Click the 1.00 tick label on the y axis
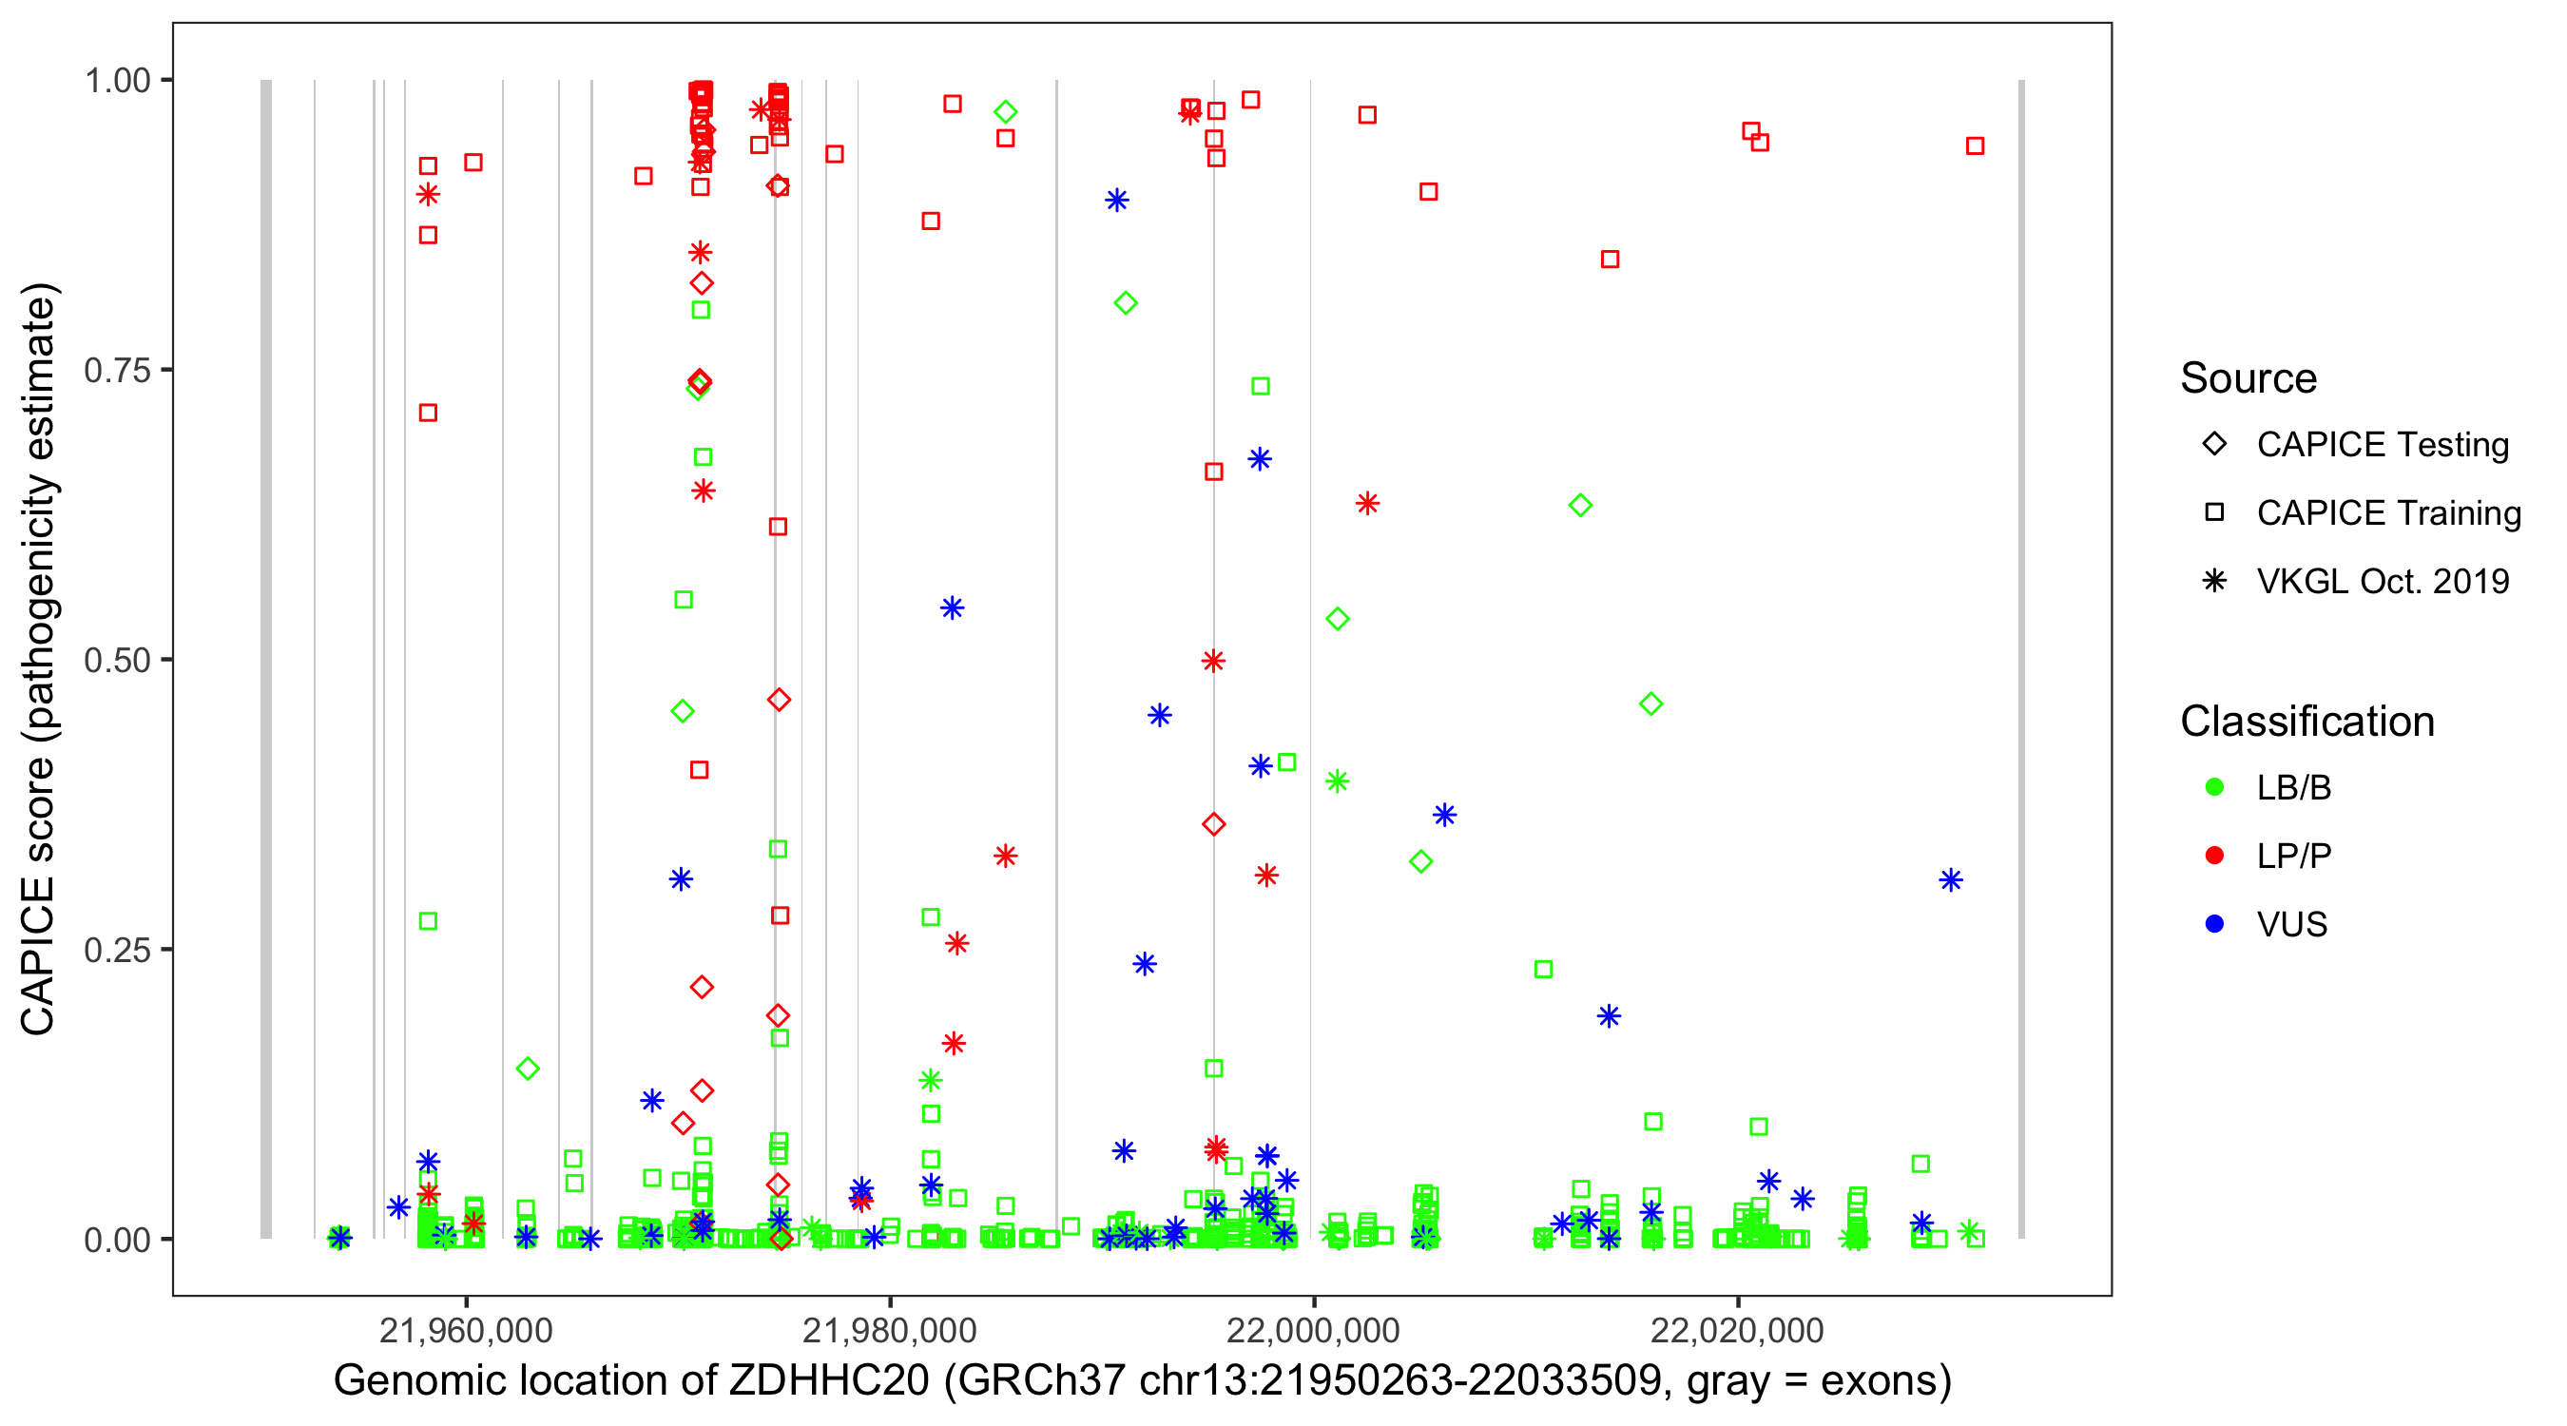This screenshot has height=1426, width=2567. (117, 81)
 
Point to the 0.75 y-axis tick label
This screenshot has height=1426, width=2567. (117, 371)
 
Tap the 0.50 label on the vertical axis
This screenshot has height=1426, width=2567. (117, 661)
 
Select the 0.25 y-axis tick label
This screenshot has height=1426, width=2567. (117, 950)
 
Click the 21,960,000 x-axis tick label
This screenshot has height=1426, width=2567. (467, 1330)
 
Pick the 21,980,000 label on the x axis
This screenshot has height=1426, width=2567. (890, 1330)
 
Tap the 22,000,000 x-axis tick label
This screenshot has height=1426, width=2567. (1313, 1330)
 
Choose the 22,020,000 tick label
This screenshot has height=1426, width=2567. (1738, 1330)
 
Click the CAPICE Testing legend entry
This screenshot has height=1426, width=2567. (2382, 445)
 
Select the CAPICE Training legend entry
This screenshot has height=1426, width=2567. (2387, 513)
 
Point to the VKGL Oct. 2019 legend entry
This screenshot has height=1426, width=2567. (2382, 581)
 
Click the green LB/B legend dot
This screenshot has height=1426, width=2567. (2215, 787)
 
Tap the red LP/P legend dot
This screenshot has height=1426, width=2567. (2215, 856)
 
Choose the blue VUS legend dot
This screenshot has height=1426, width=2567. (2215, 924)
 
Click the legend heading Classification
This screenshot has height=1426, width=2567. (2306, 722)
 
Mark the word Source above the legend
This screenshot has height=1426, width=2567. (2249, 378)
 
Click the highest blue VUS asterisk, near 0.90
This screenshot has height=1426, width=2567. (1117, 201)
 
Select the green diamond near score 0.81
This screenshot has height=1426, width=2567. (1126, 303)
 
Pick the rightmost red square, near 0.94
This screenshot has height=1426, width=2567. (1975, 146)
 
